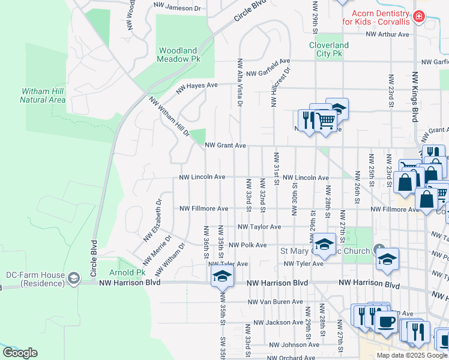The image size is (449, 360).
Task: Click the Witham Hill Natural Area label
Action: [43, 95]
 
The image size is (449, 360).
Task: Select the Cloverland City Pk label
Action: [328, 49]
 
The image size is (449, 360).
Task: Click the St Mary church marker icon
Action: [379, 249]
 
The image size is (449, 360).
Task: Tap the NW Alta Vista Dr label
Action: [240, 82]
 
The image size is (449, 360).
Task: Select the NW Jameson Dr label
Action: [177, 8]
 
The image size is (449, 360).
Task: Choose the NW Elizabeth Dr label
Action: [152, 220]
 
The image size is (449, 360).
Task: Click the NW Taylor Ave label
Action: [259, 227]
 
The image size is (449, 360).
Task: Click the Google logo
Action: [20, 353]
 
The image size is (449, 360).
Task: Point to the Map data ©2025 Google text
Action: [411, 355]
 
